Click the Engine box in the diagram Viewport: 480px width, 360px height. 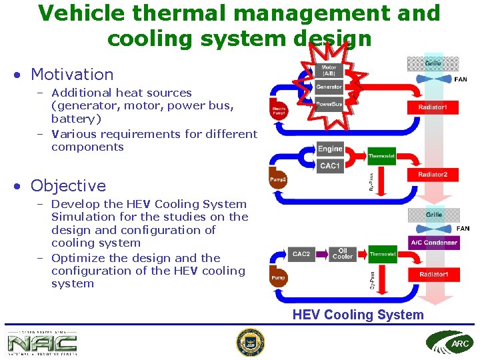330,149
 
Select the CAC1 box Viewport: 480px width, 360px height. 330,165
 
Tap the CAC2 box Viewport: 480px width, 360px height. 301,254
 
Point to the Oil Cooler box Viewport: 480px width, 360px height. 342,254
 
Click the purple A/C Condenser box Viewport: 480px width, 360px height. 433,243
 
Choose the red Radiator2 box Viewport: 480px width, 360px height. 433,175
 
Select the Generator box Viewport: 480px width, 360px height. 329,87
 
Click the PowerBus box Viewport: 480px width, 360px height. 329,104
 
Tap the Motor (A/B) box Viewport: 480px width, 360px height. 329,70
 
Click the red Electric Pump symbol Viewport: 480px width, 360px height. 279,110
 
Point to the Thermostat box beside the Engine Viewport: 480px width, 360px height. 382,156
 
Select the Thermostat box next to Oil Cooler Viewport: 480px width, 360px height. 383,254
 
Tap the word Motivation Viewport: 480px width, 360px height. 72,74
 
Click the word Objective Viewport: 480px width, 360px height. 68,185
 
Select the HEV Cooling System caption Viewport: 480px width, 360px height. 358,315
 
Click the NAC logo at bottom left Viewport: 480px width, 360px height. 42,343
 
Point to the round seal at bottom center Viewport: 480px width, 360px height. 250,343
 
